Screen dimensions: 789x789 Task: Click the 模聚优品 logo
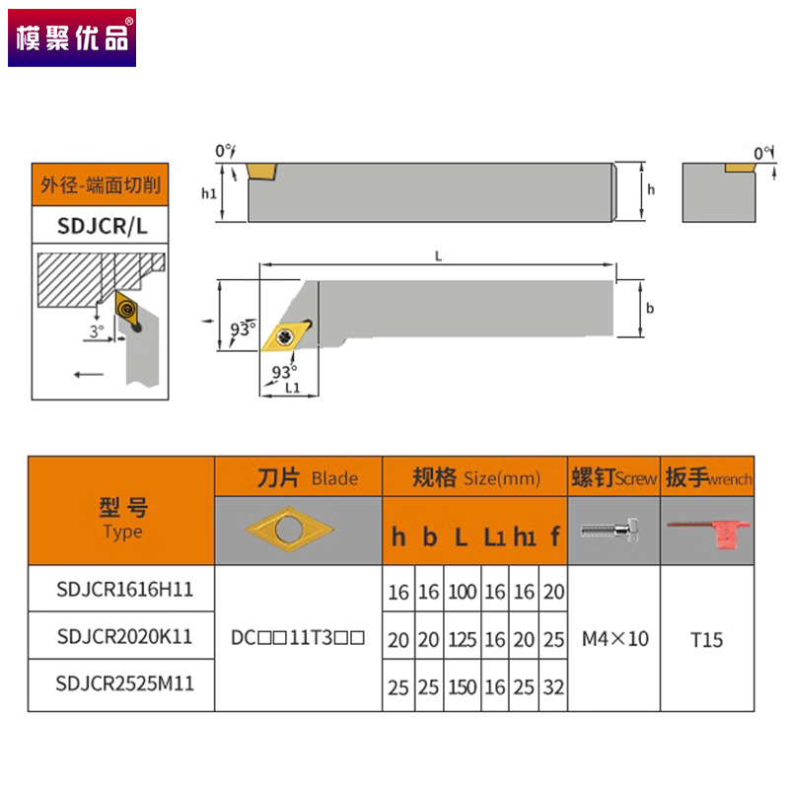coord(70,37)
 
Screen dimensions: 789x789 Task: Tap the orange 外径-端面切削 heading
coord(101,184)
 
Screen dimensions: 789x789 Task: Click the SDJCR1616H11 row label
coord(124,590)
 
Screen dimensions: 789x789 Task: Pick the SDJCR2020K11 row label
coord(124,637)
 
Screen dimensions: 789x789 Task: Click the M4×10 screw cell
coord(614,639)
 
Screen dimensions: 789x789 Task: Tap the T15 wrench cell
coord(706,639)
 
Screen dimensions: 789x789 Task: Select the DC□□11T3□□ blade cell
coord(299,638)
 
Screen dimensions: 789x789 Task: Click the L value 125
coord(461,639)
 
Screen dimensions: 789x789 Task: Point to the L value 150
coord(461,686)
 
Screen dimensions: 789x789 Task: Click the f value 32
coord(554,686)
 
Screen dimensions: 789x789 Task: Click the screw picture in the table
coord(613,530)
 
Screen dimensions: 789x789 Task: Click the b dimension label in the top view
coord(649,309)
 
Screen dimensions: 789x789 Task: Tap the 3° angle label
coord(96,331)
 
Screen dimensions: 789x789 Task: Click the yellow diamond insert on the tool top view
coord(286,335)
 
